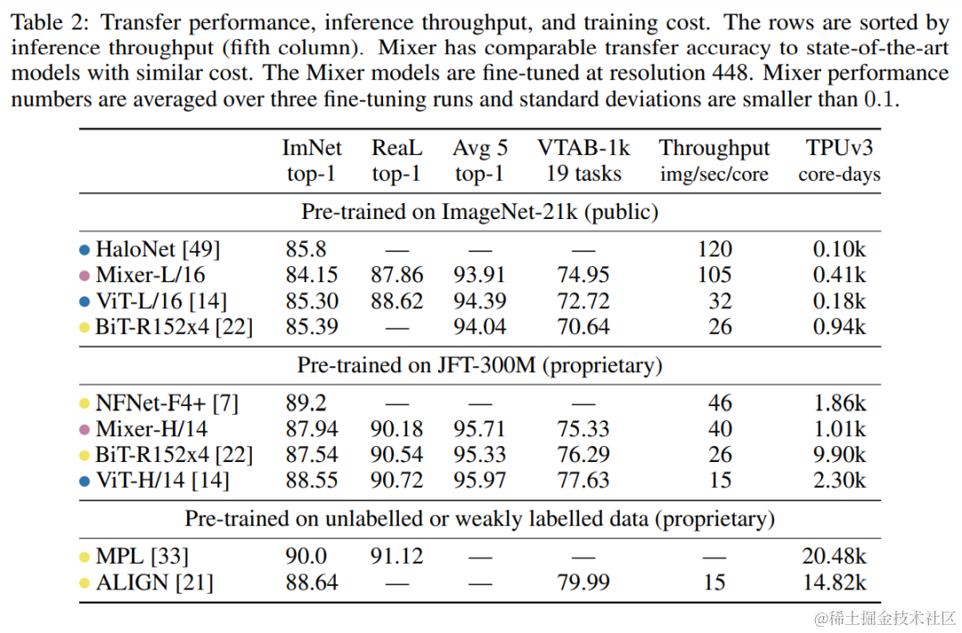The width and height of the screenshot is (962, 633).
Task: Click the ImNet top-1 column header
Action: tap(311, 160)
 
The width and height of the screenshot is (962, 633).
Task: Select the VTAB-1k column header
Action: tap(583, 160)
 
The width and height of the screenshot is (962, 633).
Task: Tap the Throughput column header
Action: tap(714, 160)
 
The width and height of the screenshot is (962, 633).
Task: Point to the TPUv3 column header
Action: tap(839, 160)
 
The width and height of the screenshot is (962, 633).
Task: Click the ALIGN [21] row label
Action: tap(154, 583)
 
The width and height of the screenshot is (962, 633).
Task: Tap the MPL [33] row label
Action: tap(142, 557)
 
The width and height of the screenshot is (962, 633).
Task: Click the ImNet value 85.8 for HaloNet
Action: tap(306, 250)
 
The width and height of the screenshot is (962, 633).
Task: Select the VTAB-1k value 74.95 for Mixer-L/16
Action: tap(583, 276)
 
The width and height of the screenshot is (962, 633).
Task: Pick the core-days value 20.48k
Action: tap(834, 557)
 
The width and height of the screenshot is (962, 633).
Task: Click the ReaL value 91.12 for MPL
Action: tap(397, 557)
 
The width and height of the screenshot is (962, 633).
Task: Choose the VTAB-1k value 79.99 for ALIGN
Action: tap(583, 583)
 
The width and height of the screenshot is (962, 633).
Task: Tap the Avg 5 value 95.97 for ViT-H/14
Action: tap(479, 481)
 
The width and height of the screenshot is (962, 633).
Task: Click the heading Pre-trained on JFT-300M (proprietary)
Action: tap(480, 365)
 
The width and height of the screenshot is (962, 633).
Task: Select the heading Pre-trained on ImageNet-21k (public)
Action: tap(480, 212)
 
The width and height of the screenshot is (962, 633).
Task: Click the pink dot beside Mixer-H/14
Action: tap(85, 430)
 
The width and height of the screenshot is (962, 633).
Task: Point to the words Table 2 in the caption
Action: tap(44, 20)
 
